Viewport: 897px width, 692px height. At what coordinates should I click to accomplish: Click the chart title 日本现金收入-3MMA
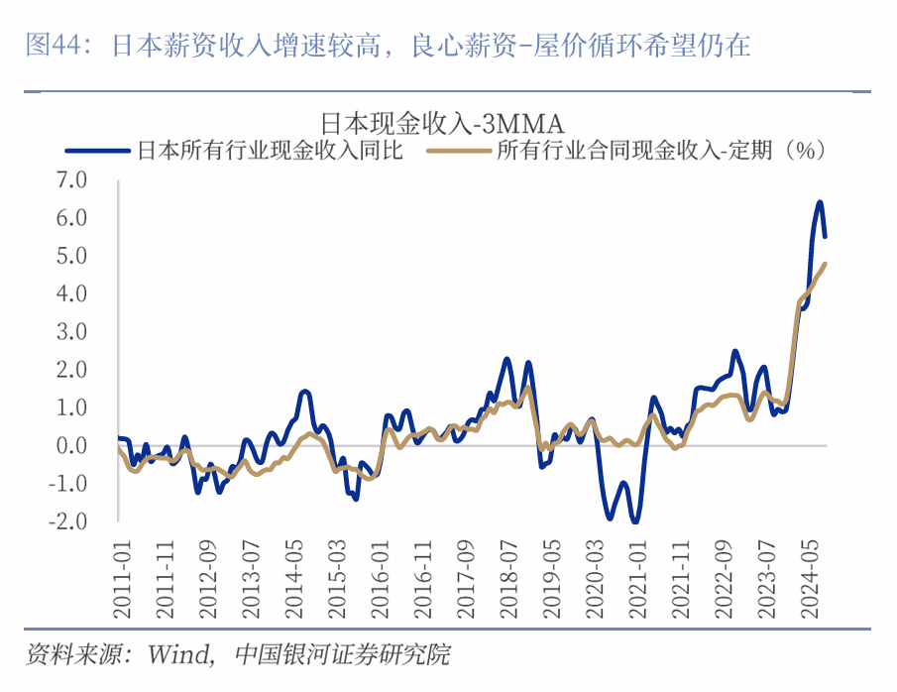(x=441, y=124)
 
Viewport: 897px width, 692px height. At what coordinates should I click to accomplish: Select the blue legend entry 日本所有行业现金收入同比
(x=269, y=151)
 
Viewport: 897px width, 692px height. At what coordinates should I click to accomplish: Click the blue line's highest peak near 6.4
(x=820, y=202)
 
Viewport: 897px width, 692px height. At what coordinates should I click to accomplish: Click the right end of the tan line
(x=826, y=264)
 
